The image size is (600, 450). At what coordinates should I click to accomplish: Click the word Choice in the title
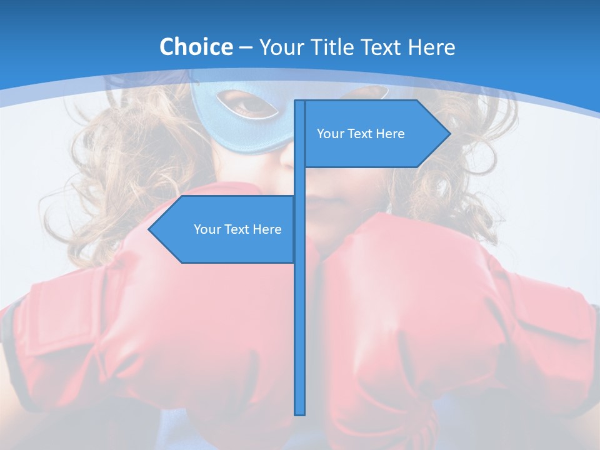click(x=196, y=47)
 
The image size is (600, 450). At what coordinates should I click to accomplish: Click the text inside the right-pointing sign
click(x=361, y=134)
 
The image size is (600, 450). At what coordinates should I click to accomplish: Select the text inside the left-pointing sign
click(x=237, y=229)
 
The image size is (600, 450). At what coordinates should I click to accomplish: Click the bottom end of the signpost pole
click(x=300, y=412)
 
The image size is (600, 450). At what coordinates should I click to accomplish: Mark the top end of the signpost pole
click(x=300, y=102)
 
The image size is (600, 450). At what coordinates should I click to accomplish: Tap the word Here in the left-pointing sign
click(x=267, y=229)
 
